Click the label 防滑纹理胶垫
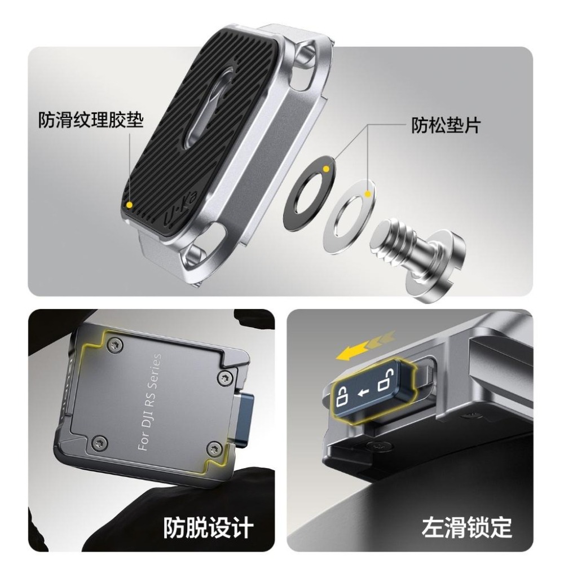(x=91, y=121)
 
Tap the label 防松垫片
(x=445, y=125)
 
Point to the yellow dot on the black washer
(x=326, y=169)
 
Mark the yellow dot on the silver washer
(x=368, y=195)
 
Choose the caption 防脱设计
(x=209, y=527)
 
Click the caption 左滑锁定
(x=467, y=527)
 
